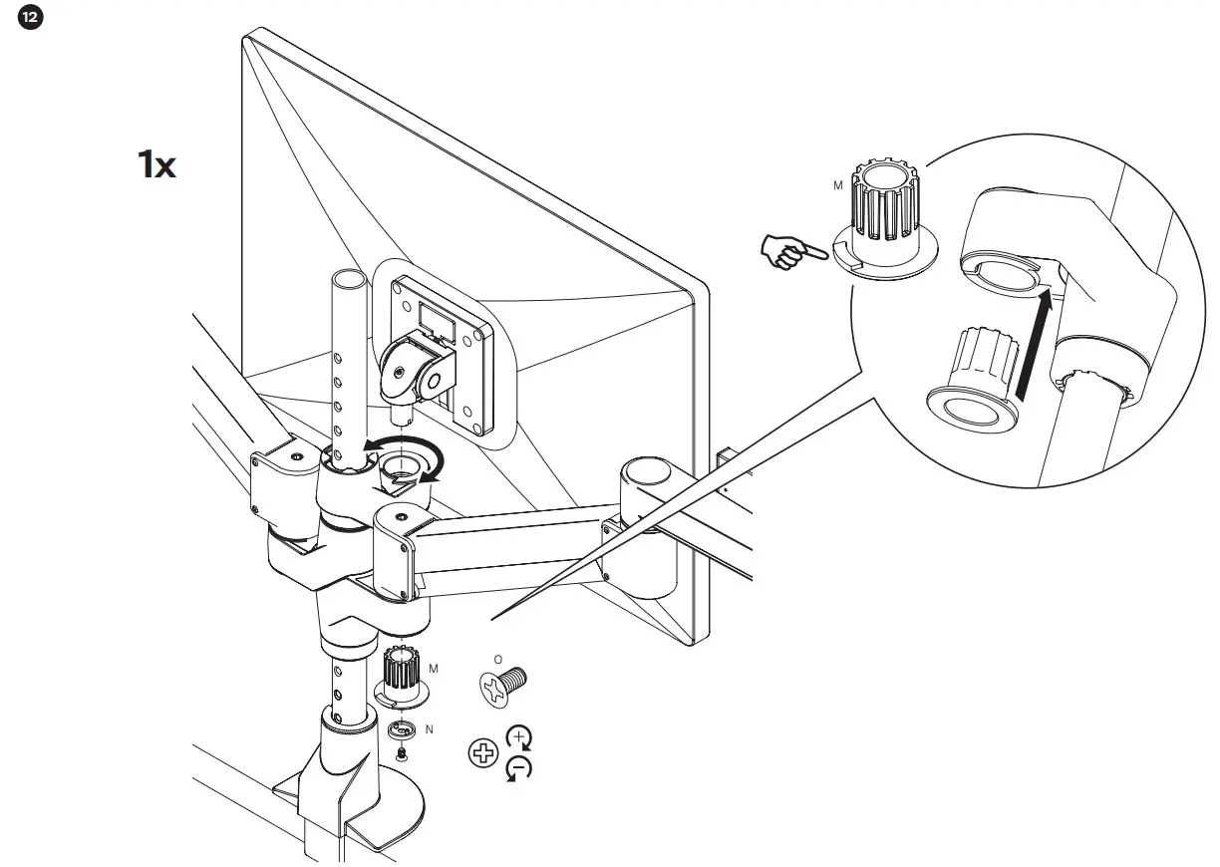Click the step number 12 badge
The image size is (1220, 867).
[31, 20]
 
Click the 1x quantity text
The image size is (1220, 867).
[156, 164]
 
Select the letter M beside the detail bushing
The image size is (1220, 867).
[838, 185]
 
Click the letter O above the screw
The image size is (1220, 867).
[497, 660]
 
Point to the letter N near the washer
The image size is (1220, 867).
[429, 729]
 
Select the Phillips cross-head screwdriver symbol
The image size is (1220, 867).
[482, 752]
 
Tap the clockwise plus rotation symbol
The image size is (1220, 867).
[519, 738]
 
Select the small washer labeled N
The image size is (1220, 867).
[401, 728]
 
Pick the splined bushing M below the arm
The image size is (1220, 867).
[402, 673]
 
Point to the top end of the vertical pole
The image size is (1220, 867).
[345, 278]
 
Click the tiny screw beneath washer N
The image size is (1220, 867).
[401, 756]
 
